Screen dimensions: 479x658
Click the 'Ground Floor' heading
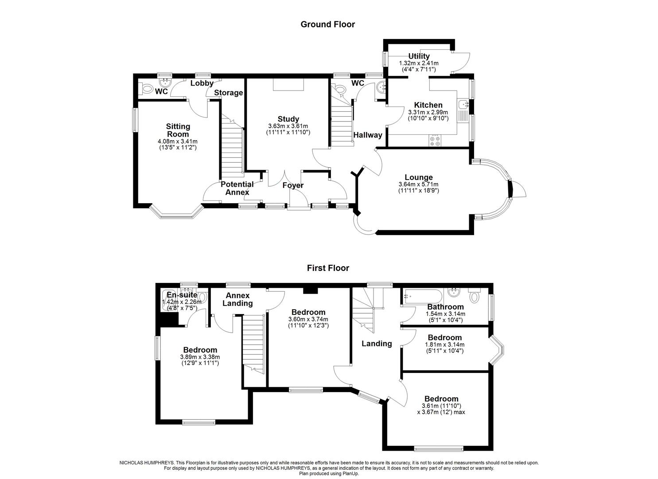click(327, 24)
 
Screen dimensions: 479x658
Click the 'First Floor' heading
click(328, 268)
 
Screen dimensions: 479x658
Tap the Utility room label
click(419, 56)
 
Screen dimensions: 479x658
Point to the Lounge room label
click(418, 177)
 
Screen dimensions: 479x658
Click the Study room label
click(288, 119)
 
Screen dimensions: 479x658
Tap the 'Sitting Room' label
click(178, 130)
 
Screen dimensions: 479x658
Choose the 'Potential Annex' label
click(237, 188)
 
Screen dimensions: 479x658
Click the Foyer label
click(293, 185)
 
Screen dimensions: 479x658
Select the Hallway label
click(367, 135)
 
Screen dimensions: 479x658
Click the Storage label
click(229, 93)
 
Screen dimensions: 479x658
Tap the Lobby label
click(202, 83)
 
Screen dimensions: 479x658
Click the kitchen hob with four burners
click(434, 141)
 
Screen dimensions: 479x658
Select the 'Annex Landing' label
click(238, 299)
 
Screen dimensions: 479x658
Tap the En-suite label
click(182, 295)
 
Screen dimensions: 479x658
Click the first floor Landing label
click(377, 343)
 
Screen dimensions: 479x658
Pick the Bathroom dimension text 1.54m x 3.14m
click(445, 314)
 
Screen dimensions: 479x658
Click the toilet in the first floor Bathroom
click(475, 294)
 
